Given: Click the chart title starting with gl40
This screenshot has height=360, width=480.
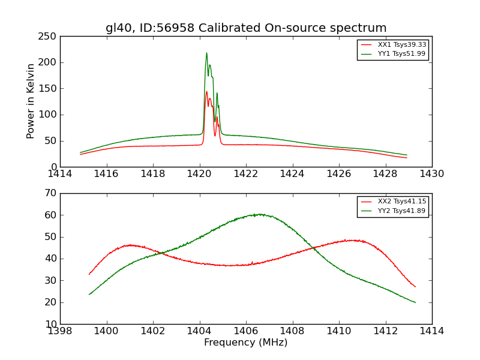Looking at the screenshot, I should [246, 28].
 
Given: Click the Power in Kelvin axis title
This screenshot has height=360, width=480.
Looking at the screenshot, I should [31, 101].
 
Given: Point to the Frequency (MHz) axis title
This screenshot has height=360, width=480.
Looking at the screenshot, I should [246, 343].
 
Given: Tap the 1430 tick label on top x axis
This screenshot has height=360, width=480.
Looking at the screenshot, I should [431, 174].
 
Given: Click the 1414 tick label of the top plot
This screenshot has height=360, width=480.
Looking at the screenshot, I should [60, 174].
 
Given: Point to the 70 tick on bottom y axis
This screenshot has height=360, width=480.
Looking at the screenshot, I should [50, 193].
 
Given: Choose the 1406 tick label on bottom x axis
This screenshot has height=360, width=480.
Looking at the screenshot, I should [246, 331].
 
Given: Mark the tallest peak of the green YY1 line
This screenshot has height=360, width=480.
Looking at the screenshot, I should [206, 53].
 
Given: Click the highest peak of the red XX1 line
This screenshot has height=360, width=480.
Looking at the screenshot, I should [206, 92].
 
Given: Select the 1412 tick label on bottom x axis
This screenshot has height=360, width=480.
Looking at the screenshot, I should [385, 331].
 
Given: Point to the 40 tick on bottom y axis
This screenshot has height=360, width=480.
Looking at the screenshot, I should [50, 259].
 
